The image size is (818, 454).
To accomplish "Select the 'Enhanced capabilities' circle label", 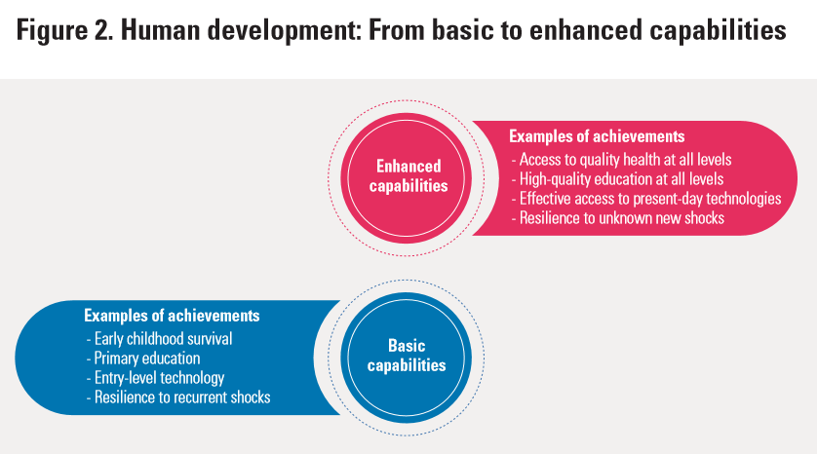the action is click(409, 175).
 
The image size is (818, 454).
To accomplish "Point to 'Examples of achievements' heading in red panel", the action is click(597, 136).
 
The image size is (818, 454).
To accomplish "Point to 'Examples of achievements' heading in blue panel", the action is click(172, 316).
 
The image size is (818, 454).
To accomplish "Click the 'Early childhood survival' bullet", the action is click(165, 339).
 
